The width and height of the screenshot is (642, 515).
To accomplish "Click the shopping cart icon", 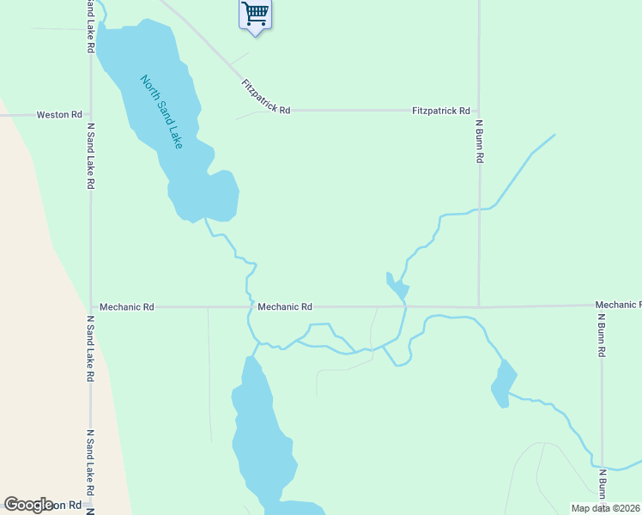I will click(x=255, y=15).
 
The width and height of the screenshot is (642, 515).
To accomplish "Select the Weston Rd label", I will click(x=59, y=114).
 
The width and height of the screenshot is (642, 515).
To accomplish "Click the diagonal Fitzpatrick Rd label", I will click(x=266, y=96).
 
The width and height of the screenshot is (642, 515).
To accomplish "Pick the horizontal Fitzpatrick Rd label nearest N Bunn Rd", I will click(x=440, y=111).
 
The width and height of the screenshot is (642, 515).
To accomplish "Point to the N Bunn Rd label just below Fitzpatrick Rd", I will click(x=481, y=142).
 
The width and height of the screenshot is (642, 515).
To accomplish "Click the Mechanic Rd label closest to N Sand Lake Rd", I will click(x=126, y=306).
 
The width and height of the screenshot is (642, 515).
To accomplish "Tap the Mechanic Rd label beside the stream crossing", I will click(x=284, y=306).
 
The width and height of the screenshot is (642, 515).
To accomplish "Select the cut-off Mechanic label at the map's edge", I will click(x=617, y=305).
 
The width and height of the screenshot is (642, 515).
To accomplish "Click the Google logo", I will click(x=29, y=505).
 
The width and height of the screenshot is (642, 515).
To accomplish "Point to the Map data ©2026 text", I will click(x=604, y=508).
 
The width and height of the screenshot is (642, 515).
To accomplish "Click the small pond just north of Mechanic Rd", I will click(x=397, y=288).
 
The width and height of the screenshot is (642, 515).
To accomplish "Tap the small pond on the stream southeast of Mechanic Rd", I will click(x=504, y=383).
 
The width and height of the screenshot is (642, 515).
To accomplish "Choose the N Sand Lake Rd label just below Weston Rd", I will click(x=90, y=155).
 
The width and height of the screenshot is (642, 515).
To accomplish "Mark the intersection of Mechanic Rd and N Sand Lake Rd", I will click(x=90, y=306).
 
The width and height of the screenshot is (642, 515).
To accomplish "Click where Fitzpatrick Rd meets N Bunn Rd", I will click(x=479, y=111).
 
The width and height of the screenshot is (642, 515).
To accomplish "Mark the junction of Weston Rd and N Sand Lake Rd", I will click(x=90, y=114).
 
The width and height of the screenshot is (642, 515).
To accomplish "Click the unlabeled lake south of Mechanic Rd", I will click(x=261, y=429).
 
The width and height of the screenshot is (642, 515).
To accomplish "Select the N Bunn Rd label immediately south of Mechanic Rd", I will click(x=603, y=335).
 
